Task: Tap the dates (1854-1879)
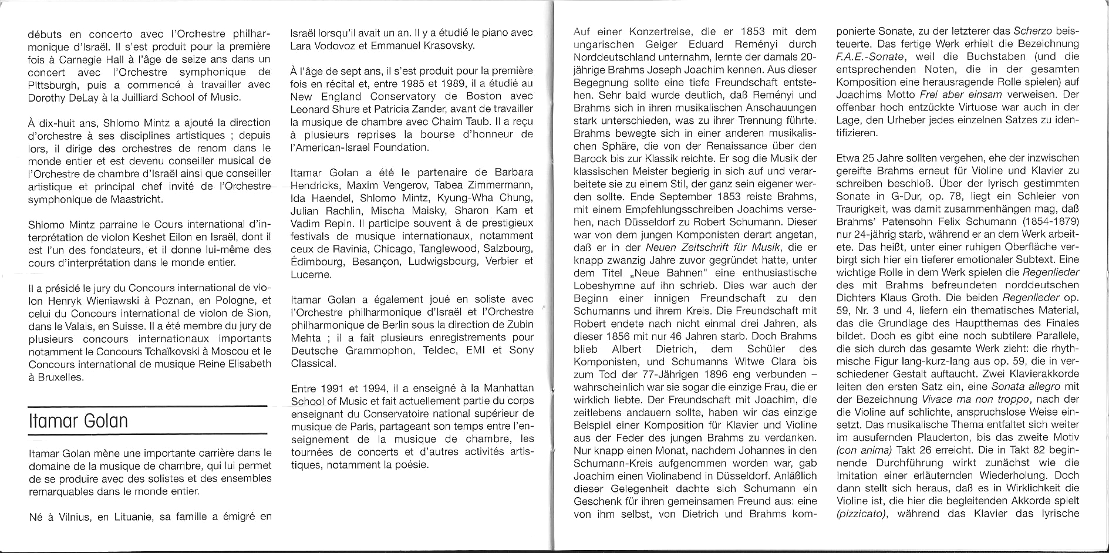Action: (x=1039, y=221)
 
